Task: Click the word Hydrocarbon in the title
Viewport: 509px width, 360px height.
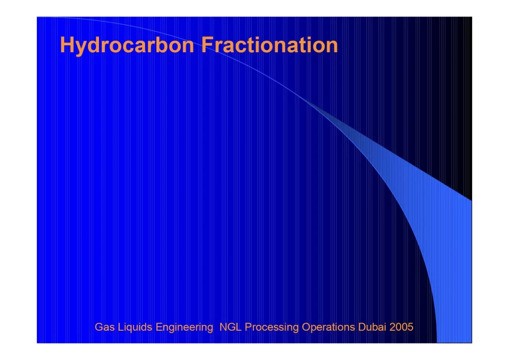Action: (x=127, y=45)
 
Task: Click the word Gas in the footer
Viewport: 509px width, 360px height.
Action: (x=104, y=327)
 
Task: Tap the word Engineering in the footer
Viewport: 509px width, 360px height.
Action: (x=184, y=327)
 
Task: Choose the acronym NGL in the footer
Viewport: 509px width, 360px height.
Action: (x=230, y=327)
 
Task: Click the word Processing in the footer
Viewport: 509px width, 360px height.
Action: (x=271, y=327)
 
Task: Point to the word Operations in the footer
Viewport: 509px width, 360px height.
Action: (x=328, y=327)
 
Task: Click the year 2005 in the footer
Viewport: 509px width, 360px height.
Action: (x=401, y=327)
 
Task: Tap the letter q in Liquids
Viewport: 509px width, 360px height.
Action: (x=130, y=329)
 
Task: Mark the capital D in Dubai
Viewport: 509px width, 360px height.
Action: (x=362, y=327)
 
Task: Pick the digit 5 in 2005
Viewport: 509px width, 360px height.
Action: (x=410, y=327)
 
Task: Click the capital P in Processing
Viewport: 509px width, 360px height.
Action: (x=248, y=327)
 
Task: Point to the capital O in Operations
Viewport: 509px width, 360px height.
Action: (x=306, y=327)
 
